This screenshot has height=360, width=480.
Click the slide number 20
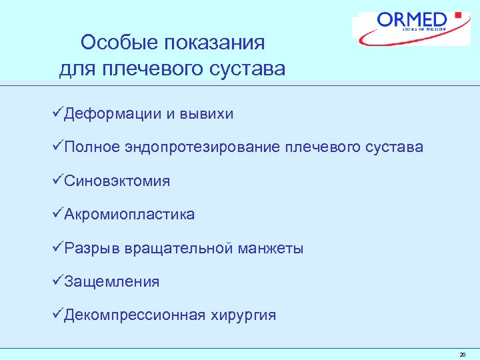pos(463,355)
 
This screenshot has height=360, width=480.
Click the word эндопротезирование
pos(203,147)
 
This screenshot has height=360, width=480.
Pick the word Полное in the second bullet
pos(92,147)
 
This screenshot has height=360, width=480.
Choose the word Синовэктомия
pos(117,181)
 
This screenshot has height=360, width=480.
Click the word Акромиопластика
pos(129,214)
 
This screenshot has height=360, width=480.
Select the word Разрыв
pos(89,248)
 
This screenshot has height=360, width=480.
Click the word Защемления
pos(111,281)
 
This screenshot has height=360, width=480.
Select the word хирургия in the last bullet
pos(243,315)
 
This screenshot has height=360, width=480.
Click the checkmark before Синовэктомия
pos(57,180)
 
